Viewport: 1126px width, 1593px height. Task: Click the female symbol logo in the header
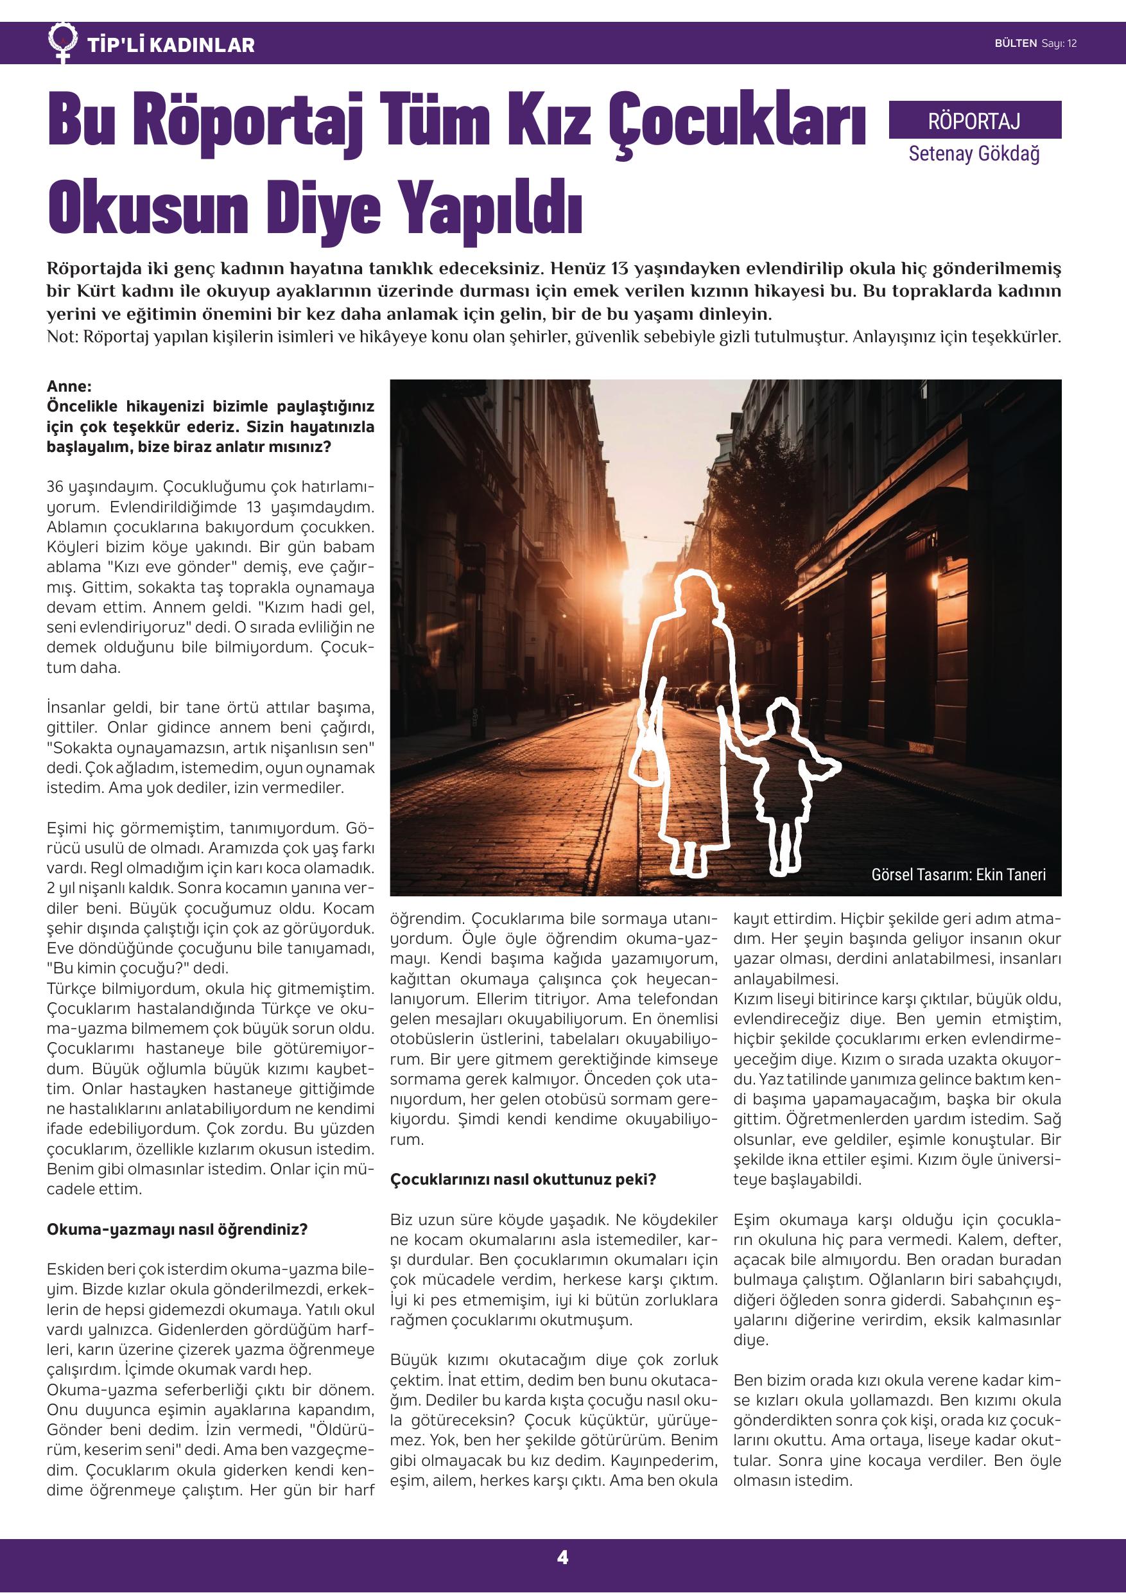coord(63,42)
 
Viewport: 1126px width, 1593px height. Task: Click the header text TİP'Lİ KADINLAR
coord(171,46)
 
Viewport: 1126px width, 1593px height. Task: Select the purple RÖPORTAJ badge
coord(974,121)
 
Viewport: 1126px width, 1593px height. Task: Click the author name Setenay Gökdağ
coord(974,153)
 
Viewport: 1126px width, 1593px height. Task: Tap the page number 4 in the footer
coord(562,1558)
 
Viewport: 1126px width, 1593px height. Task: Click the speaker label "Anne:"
coord(69,387)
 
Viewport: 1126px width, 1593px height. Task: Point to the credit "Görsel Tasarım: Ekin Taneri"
coord(958,875)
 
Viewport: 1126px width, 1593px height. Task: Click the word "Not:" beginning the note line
coord(62,338)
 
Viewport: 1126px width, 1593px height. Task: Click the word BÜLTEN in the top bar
coord(1015,44)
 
